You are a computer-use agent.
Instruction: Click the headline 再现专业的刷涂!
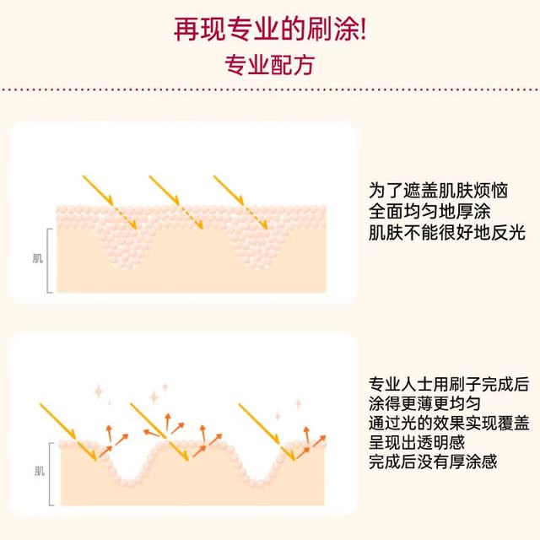pos(270,30)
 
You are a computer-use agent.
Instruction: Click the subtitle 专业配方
pos(270,65)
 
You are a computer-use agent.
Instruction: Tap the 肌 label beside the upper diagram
pos(38,258)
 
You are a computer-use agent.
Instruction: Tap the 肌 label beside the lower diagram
pos(40,471)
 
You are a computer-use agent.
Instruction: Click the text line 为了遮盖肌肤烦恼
pos(438,191)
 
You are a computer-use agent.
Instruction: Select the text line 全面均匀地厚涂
pos(429,212)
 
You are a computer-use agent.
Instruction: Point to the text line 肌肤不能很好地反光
pos(446,233)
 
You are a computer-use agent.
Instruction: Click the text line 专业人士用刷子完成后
pos(449,385)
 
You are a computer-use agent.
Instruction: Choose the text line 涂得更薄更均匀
pos(424,403)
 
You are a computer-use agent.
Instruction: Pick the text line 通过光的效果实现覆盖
pos(449,423)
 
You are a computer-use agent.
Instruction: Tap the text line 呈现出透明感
pos(417,442)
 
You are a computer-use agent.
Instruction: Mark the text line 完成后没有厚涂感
pos(433,462)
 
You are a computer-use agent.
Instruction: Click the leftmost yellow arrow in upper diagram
pos(98,190)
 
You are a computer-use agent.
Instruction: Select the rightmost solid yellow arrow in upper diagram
pos(229,190)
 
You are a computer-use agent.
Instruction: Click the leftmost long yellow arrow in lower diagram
pos(58,421)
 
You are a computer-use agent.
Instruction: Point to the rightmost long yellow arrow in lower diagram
pos(259,424)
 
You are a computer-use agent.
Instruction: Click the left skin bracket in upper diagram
pos(47,261)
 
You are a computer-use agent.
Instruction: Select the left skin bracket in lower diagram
pos(50,474)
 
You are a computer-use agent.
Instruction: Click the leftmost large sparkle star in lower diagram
pos(99,391)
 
